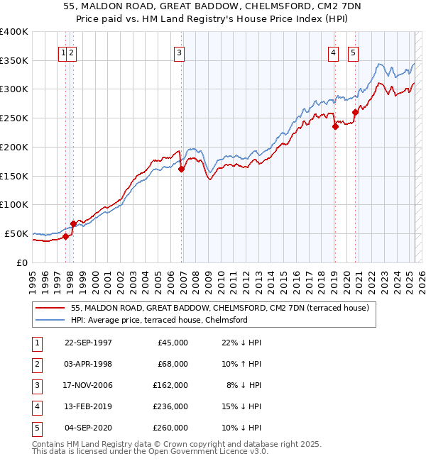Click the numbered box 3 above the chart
(x=180, y=52)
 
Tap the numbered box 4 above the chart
(x=333, y=52)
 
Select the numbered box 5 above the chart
(x=354, y=52)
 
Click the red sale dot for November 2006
(x=182, y=169)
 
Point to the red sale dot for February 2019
(x=335, y=127)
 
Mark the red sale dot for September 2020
(x=355, y=112)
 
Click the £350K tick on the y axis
(x=16, y=61)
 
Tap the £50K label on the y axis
(x=17, y=233)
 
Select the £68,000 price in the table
(x=173, y=364)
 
